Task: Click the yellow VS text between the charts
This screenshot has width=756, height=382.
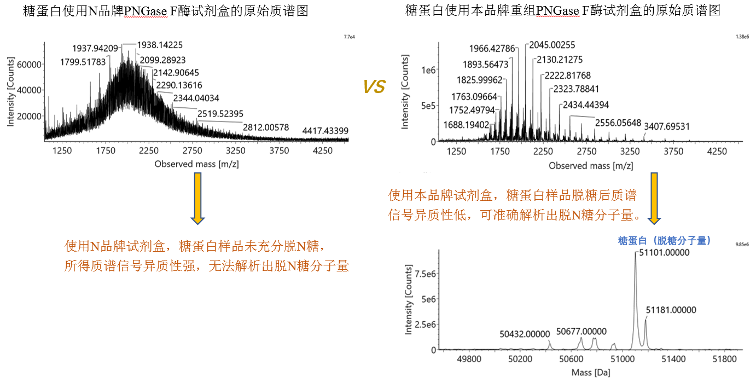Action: tap(374, 86)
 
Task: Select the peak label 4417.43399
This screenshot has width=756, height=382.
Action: tap(325, 131)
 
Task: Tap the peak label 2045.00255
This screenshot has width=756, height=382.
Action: tap(552, 45)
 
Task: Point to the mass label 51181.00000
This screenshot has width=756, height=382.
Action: tap(671, 310)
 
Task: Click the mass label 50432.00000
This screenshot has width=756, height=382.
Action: tap(525, 334)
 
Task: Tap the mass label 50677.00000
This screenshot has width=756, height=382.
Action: tap(581, 331)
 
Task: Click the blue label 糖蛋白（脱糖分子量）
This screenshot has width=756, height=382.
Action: tap(665, 240)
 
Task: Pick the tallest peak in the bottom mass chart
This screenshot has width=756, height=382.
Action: tap(635, 257)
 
